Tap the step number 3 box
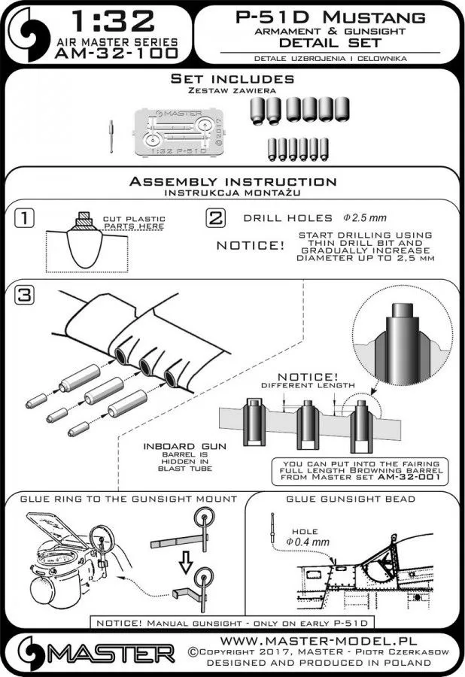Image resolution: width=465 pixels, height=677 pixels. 26,294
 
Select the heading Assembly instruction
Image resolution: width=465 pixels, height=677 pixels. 232,182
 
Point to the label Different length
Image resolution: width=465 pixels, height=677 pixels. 306,385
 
